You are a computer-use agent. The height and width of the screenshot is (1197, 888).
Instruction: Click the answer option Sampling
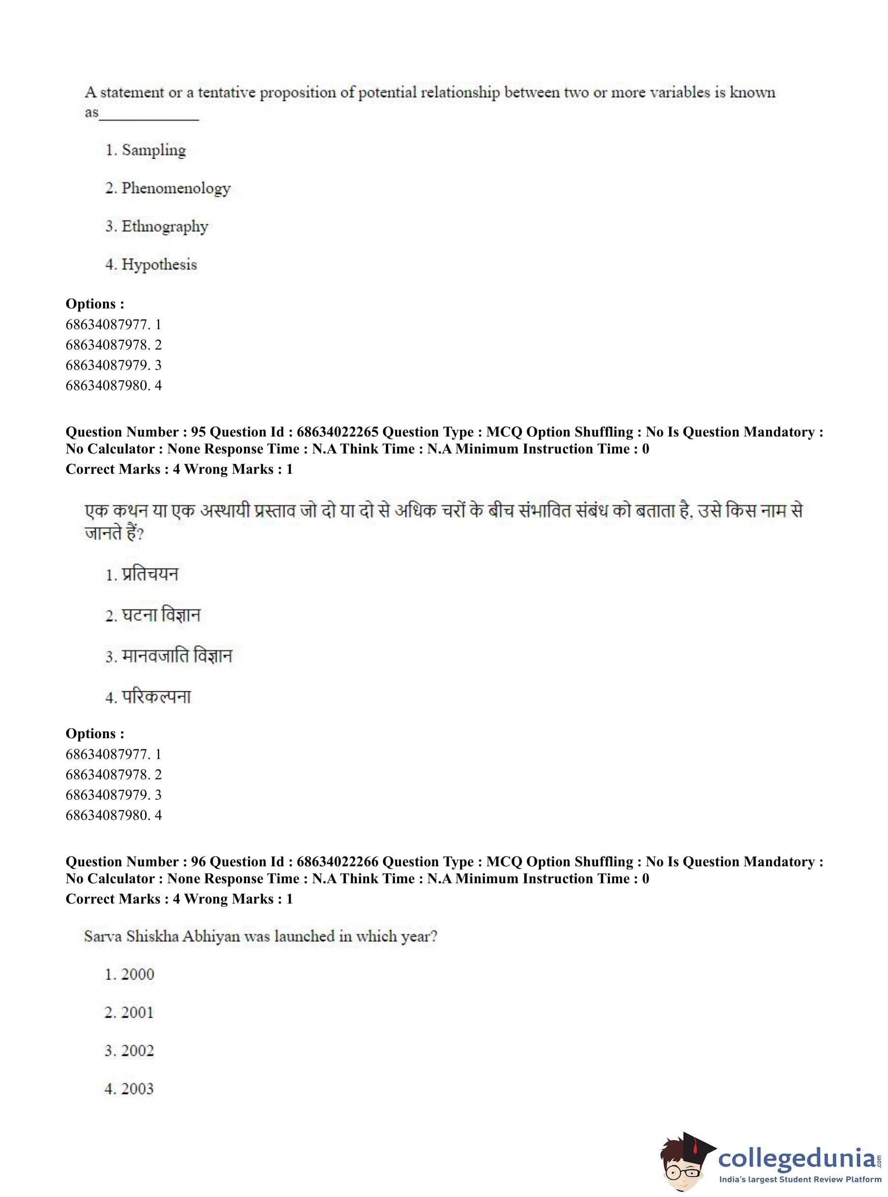[153, 150]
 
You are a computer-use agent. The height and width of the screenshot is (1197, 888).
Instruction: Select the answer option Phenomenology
[176, 188]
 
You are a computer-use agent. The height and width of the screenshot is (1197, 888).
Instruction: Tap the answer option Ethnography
[164, 226]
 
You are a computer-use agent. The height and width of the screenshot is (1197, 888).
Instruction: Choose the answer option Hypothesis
[159, 264]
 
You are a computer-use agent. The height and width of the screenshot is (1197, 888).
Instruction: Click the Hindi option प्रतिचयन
[149, 574]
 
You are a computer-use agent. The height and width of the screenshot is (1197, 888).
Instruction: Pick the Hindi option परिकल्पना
[156, 697]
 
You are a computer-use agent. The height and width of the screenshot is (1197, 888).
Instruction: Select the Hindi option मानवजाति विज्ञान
[177, 656]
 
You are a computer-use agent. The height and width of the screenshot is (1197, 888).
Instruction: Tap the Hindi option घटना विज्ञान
[161, 615]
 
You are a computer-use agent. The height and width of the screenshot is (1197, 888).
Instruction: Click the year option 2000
[137, 974]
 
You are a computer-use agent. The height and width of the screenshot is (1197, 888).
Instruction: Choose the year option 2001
[137, 1012]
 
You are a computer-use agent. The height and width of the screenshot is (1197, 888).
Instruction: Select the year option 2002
[137, 1051]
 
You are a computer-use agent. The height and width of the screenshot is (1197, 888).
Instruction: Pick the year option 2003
[137, 1089]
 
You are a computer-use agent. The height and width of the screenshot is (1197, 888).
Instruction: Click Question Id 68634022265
[337, 432]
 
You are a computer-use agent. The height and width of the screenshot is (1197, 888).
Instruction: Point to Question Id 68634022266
[337, 862]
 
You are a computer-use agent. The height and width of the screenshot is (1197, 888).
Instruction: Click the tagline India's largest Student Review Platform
[800, 1183]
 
